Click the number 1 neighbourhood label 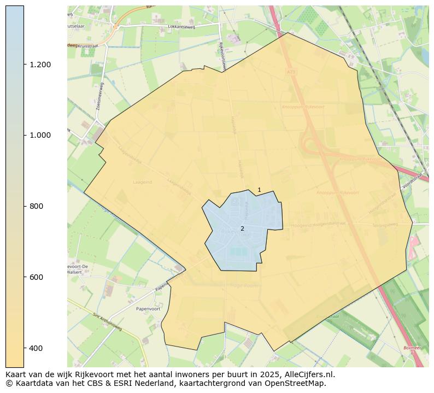pyautogui.click(x=259, y=190)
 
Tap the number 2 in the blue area pyautogui.click(x=242, y=228)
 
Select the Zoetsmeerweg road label pyautogui.click(x=100, y=97)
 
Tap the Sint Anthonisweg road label pyautogui.click(x=108, y=322)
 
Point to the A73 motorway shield pyautogui.click(x=290, y=71)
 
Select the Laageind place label pyautogui.click(x=142, y=182)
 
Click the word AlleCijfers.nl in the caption pyautogui.click(x=307, y=374)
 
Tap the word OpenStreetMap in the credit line pyautogui.click(x=300, y=383)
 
